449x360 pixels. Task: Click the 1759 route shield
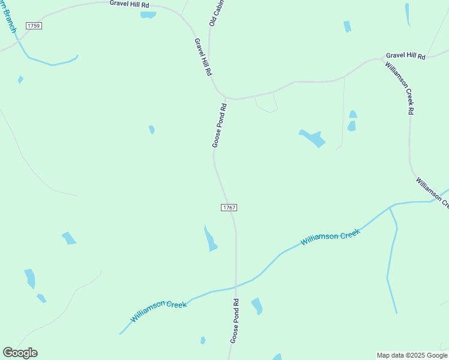[34, 25]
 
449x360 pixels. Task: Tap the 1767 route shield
[229, 208]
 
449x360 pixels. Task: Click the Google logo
[20, 353]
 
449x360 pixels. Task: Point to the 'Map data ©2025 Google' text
[412, 355]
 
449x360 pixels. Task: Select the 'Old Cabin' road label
[213, 13]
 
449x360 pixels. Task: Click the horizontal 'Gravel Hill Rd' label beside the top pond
[129, 4]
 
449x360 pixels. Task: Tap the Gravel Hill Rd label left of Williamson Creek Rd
[405, 56]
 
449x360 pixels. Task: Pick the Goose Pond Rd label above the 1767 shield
[219, 125]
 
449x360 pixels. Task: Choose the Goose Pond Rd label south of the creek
[235, 321]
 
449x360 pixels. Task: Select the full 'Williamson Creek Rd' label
[400, 88]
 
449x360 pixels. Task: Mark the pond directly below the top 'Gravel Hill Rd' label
[148, 15]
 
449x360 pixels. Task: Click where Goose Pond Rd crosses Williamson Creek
[236, 286]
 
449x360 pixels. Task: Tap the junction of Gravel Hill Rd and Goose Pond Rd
[225, 97]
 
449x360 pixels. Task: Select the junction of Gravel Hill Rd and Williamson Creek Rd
[384, 59]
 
